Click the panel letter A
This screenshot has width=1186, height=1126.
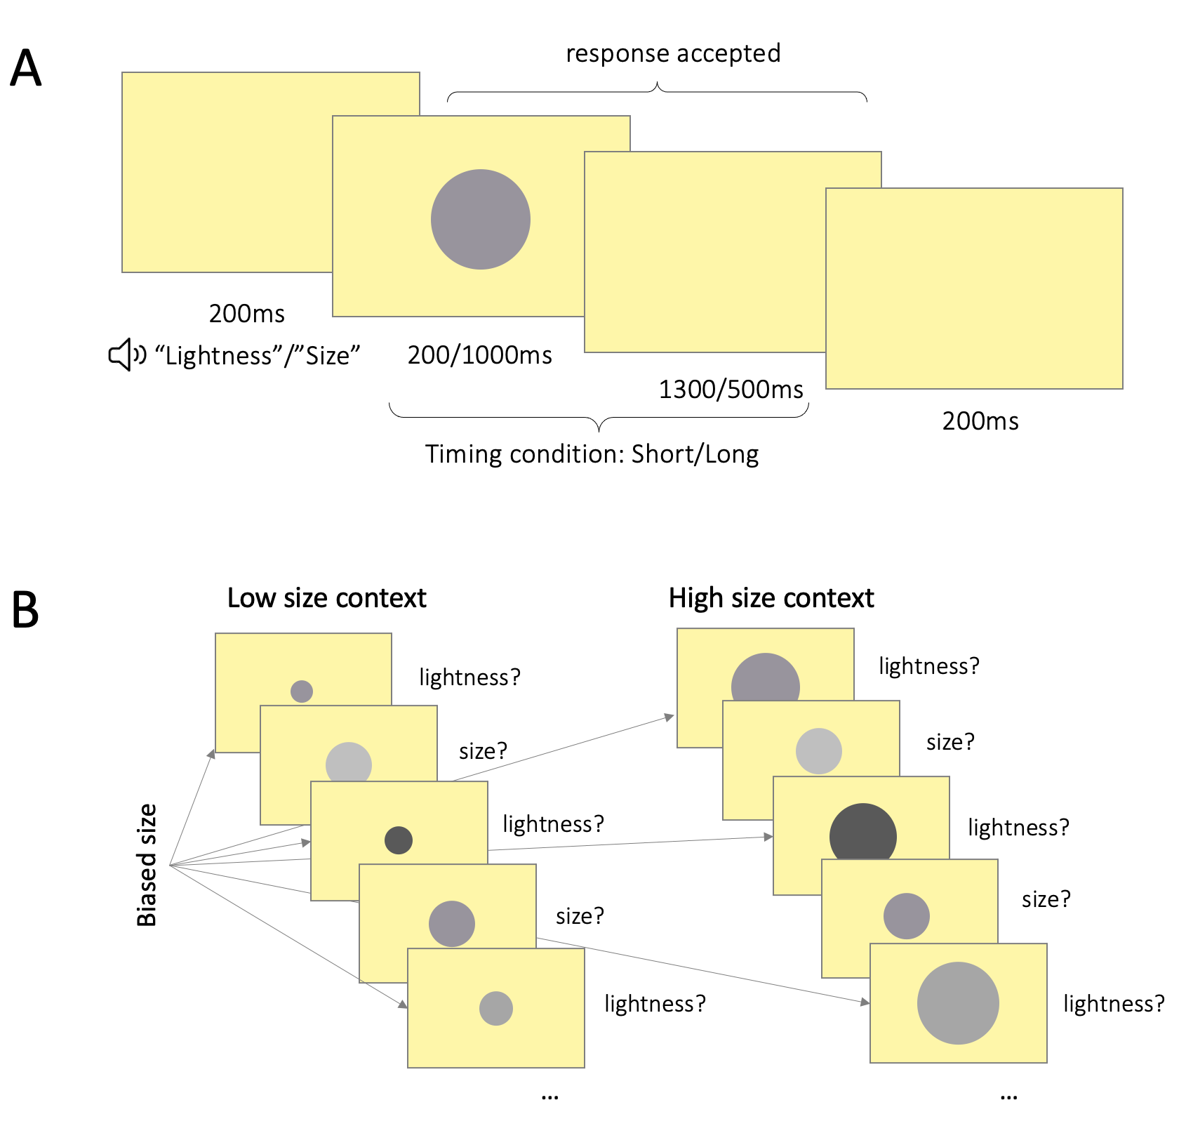26,69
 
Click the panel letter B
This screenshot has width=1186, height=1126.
25,609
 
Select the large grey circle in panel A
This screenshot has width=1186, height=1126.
481,219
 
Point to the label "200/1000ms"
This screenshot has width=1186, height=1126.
480,355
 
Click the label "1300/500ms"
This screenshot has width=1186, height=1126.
731,390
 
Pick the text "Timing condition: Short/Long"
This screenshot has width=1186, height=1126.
592,454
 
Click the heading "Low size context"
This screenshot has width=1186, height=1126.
326,598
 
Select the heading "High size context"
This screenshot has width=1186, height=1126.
771,598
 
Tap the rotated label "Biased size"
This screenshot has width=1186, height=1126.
147,865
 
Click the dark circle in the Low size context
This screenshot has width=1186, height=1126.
399,840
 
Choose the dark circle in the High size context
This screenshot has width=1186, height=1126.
862,835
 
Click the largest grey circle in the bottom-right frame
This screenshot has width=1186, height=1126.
958,1003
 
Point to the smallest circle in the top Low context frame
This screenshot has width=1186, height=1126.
302,691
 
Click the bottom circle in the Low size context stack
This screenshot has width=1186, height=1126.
496,1008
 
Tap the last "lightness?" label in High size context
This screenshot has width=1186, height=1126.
1114,1004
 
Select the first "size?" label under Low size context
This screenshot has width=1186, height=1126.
483,751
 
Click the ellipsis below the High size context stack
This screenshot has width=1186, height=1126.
1008,1096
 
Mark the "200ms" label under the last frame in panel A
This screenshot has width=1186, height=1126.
980,421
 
